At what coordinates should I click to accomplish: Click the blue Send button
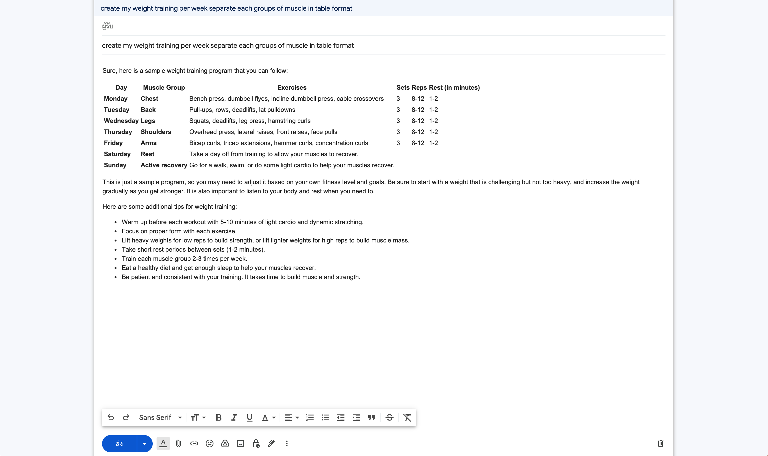click(x=119, y=443)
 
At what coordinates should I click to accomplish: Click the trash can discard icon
click(x=660, y=443)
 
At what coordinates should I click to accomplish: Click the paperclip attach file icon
click(x=178, y=443)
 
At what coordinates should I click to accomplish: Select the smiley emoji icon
click(x=209, y=443)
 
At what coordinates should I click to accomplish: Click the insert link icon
click(x=194, y=443)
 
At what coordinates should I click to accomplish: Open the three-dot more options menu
click(x=287, y=443)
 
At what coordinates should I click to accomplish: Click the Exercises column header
click(x=292, y=87)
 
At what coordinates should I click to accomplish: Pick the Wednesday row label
click(x=121, y=121)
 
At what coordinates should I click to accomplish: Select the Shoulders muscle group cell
click(x=156, y=132)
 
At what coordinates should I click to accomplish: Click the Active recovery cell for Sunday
click(x=164, y=165)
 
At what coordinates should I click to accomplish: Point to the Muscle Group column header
click(x=164, y=87)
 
